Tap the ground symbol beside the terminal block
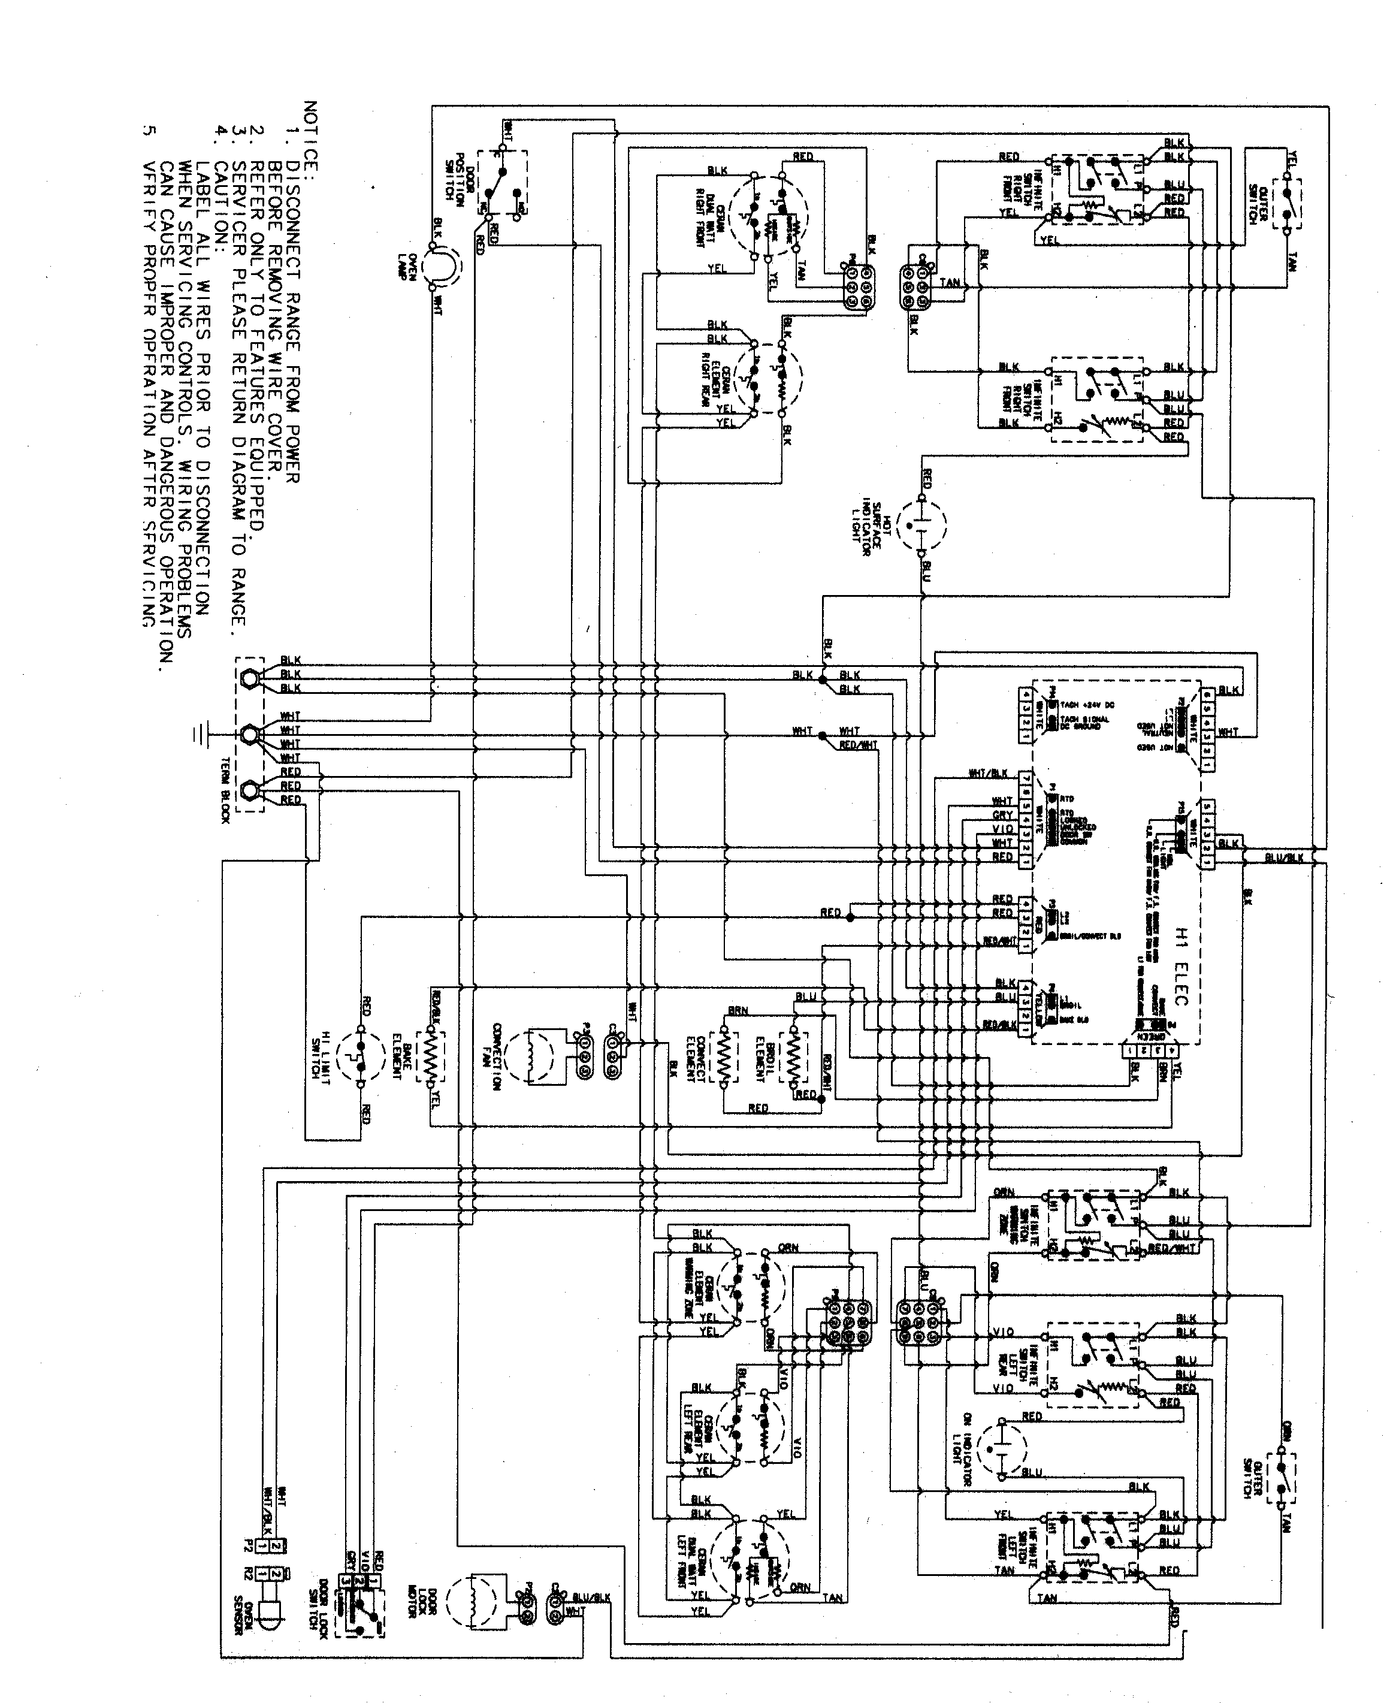click(x=200, y=733)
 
